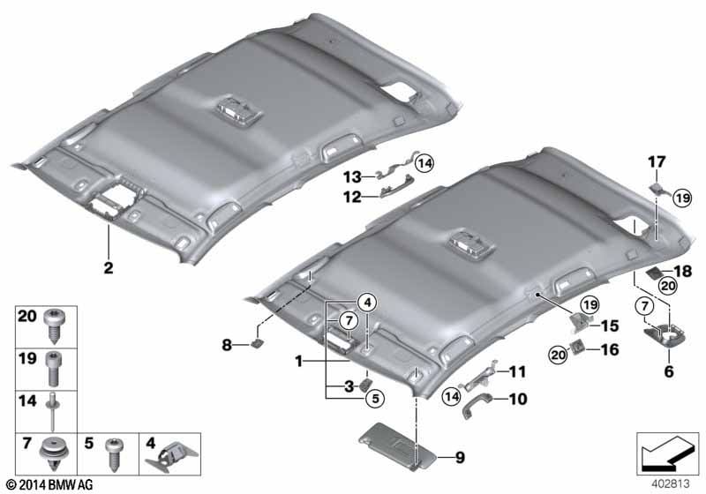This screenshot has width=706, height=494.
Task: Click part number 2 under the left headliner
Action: pos(108,269)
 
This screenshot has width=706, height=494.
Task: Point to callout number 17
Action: pos(657,161)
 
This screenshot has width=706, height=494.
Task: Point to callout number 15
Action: pos(610,326)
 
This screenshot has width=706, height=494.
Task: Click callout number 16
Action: pos(610,350)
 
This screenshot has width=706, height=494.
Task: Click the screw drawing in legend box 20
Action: pos(55,330)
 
